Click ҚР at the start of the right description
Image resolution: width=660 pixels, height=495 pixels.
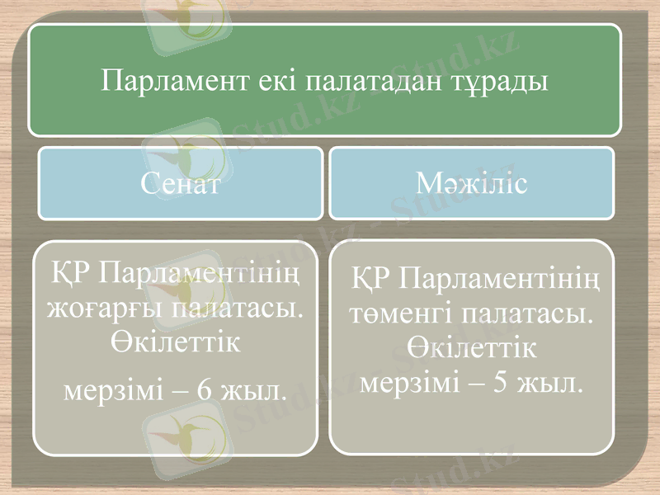coord(370,280)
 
